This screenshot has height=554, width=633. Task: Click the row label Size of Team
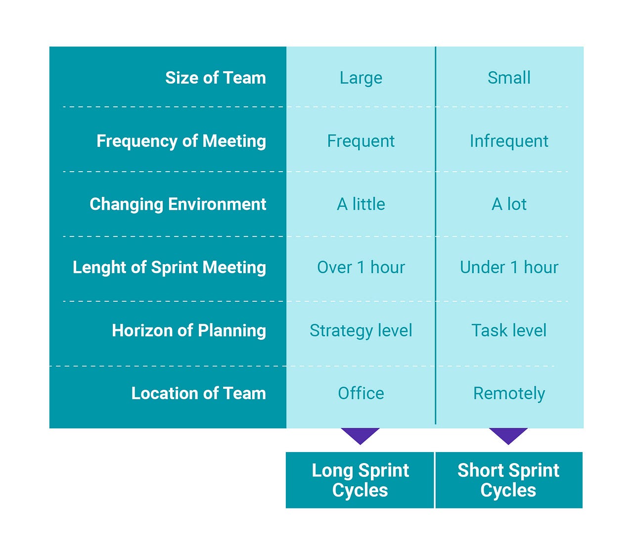pyautogui.click(x=215, y=78)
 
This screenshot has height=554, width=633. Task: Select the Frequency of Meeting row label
pyautogui.click(x=181, y=141)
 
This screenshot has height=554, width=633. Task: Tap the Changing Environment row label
pyautogui.click(x=178, y=204)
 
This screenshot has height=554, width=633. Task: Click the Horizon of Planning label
pyautogui.click(x=188, y=330)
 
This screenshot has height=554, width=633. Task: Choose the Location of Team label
pyautogui.click(x=198, y=393)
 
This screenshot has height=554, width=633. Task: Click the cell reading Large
pyautogui.click(x=361, y=78)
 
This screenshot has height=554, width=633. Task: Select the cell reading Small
pyautogui.click(x=509, y=78)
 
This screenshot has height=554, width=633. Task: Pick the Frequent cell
pyautogui.click(x=361, y=141)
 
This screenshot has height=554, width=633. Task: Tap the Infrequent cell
pyautogui.click(x=509, y=141)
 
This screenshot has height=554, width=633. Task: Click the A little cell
pyautogui.click(x=361, y=204)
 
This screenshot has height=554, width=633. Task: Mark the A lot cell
pyautogui.click(x=509, y=204)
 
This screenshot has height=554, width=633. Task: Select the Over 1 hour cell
pyautogui.click(x=361, y=267)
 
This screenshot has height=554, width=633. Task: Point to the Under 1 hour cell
pyautogui.click(x=509, y=267)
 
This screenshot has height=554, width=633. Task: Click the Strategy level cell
pyautogui.click(x=361, y=330)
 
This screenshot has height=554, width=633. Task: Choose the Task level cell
pyautogui.click(x=509, y=330)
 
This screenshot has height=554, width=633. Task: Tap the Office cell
pyautogui.click(x=361, y=393)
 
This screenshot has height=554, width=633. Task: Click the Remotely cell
pyautogui.click(x=509, y=393)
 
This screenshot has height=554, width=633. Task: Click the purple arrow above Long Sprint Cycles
pyautogui.click(x=360, y=435)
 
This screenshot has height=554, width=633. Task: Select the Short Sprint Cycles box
pyautogui.click(x=508, y=480)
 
